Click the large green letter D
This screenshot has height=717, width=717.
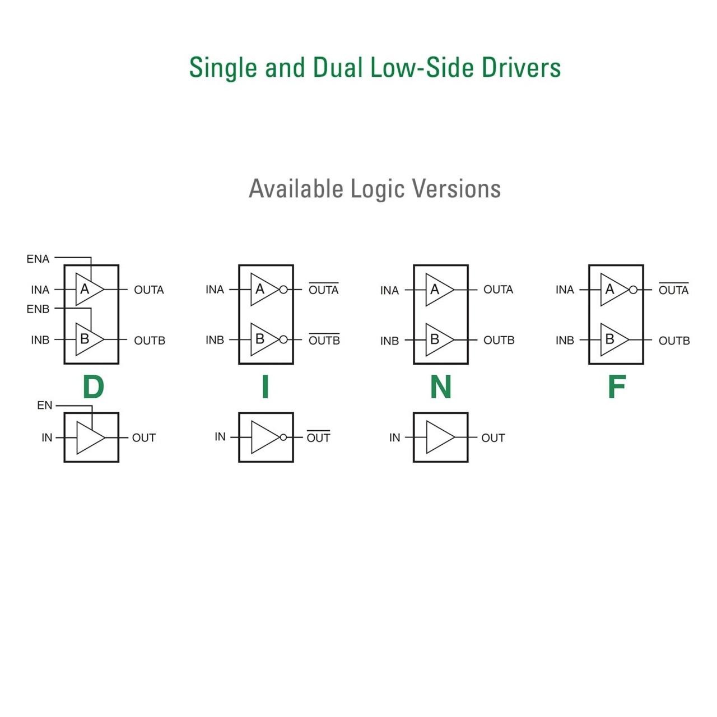[x=93, y=387]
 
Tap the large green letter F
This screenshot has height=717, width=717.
[x=616, y=387]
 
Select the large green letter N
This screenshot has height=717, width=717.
[x=441, y=387]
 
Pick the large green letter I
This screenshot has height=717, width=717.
[x=266, y=387]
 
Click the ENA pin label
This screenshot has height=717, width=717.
[x=38, y=259]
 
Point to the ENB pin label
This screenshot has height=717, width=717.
[x=38, y=309]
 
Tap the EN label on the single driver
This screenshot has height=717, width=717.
[x=45, y=406]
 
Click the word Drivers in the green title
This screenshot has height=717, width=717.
[x=521, y=68]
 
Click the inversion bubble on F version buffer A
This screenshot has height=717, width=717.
[x=633, y=290]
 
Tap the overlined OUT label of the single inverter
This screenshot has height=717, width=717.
[x=318, y=438]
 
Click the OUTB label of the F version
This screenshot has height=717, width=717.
[x=674, y=341]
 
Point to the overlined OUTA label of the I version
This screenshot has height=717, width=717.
[x=324, y=290]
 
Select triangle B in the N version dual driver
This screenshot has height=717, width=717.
[x=438, y=339]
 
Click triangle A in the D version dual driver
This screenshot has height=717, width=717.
[x=88, y=290]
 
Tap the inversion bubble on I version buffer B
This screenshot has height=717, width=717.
[x=283, y=339]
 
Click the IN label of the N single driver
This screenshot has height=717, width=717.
[x=395, y=437]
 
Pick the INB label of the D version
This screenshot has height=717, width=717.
[x=40, y=340]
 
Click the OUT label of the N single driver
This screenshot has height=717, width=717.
[x=493, y=438]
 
